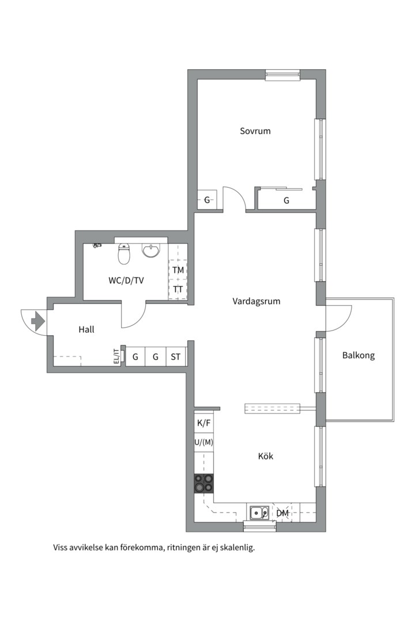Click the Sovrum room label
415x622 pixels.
click(255, 131)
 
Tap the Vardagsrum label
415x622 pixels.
click(256, 301)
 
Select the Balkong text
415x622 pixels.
click(358, 355)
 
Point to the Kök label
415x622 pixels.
click(265, 456)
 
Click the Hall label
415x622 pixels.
click(86, 330)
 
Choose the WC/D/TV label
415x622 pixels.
click(126, 280)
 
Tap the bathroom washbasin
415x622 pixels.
click(151, 251)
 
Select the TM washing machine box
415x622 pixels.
click(178, 270)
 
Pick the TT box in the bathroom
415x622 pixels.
click(178, 290)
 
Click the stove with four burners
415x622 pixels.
click(203, 483)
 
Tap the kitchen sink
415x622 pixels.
click(258, 512)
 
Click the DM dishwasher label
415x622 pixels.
click(282, 513)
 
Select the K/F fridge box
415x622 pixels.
click(204, 423)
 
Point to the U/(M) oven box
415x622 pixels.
click(204, 442)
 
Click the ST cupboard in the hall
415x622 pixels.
click(176, 357)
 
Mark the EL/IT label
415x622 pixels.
click(116, 356)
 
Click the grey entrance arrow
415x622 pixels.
click(38, 321)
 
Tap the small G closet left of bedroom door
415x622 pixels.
click(207, 200)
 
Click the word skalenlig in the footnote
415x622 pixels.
click(236, 548)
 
